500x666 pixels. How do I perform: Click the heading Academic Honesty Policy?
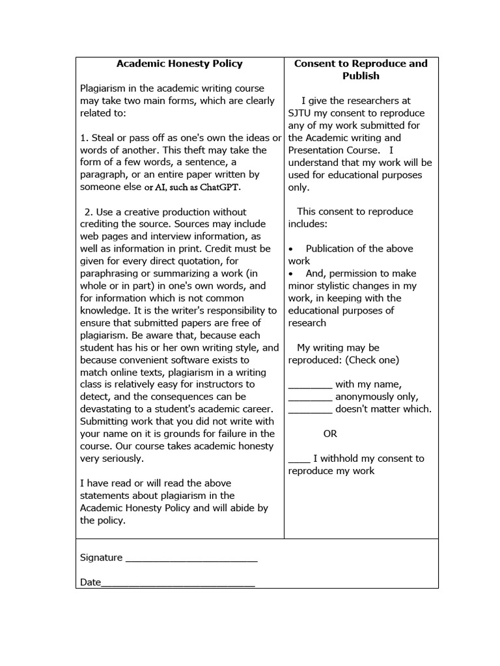click(x=179, y=64)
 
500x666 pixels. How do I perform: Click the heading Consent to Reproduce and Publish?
click(x=361, y=70)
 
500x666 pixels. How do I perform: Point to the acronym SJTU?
click(x=300, y=113)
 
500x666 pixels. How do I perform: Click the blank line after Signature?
click(x=191, y=558)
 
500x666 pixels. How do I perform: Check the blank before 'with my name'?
click(x=310, y=384)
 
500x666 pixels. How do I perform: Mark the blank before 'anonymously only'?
click(x=310, y=397)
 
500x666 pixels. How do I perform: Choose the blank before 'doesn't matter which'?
click(x=310, y=409)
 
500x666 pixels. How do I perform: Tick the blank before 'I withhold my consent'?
click(x=299, y=459)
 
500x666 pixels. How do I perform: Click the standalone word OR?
click(x=330, y=434)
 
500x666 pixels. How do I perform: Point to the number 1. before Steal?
click(x=84, y=138)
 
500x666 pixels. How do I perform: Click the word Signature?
click(x=101, y=558)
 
